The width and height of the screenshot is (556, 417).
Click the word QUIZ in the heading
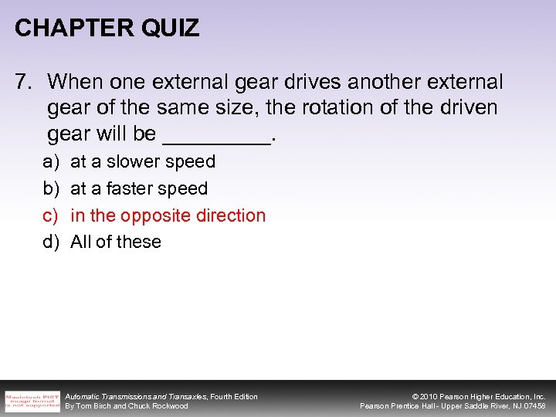pos(171,29)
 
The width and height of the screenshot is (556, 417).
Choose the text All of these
pos(116,242)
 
